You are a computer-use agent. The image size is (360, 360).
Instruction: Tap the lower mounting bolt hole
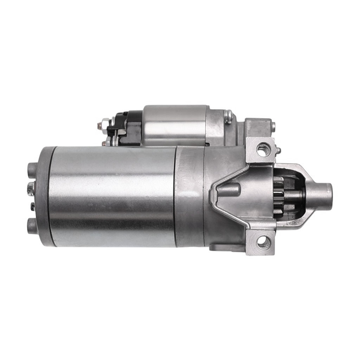pos(263,242)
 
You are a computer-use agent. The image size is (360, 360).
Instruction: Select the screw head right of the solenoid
pos(228,116)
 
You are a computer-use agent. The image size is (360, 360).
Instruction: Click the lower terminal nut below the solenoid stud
pos(106,142)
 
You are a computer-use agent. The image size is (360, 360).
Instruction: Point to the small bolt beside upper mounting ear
pos(271,127)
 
